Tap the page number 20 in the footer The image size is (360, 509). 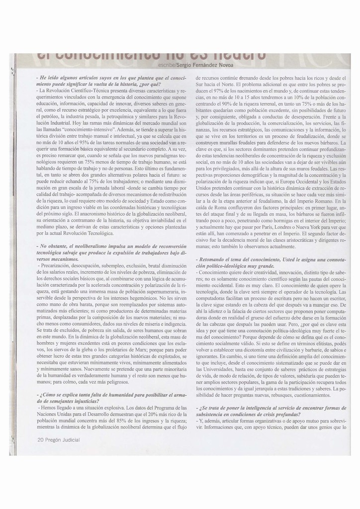click(41, 439)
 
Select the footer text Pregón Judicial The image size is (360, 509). click(63, 439)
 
